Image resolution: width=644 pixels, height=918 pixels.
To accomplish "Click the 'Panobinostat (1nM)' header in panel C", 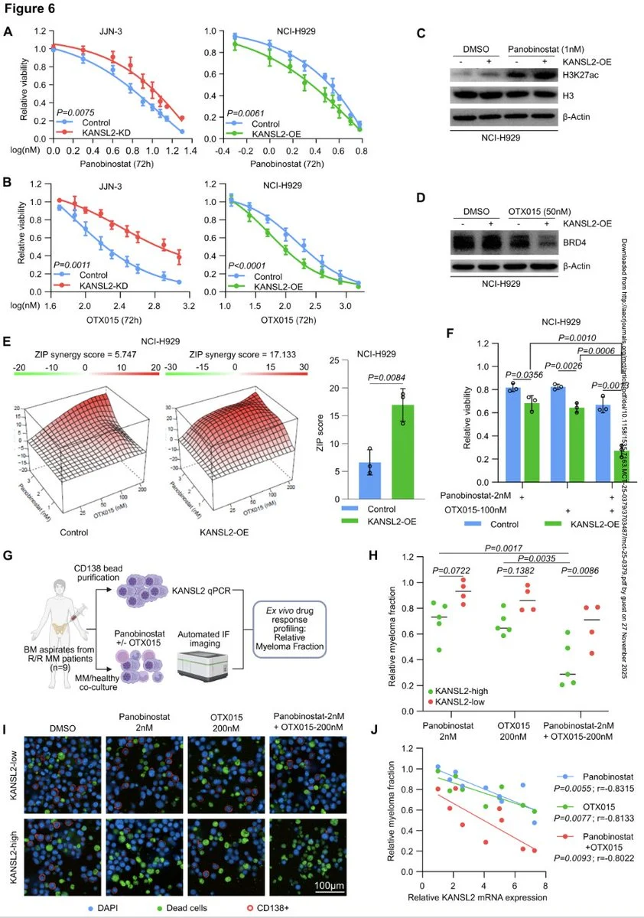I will point(542,49).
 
